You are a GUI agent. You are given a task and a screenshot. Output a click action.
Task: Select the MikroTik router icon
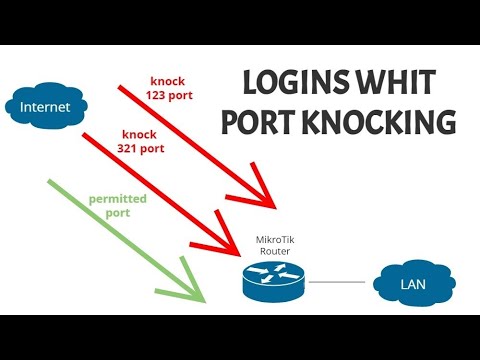click(x=272, y=282)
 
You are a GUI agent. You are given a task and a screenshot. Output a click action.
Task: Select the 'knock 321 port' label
click(x=144, y=140)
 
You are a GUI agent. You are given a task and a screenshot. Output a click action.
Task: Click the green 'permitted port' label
click(x=118, y=205)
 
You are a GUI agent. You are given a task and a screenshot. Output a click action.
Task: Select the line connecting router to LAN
click(x=340, y=283)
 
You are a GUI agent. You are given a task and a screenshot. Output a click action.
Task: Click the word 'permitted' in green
click(x=118, y=199)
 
